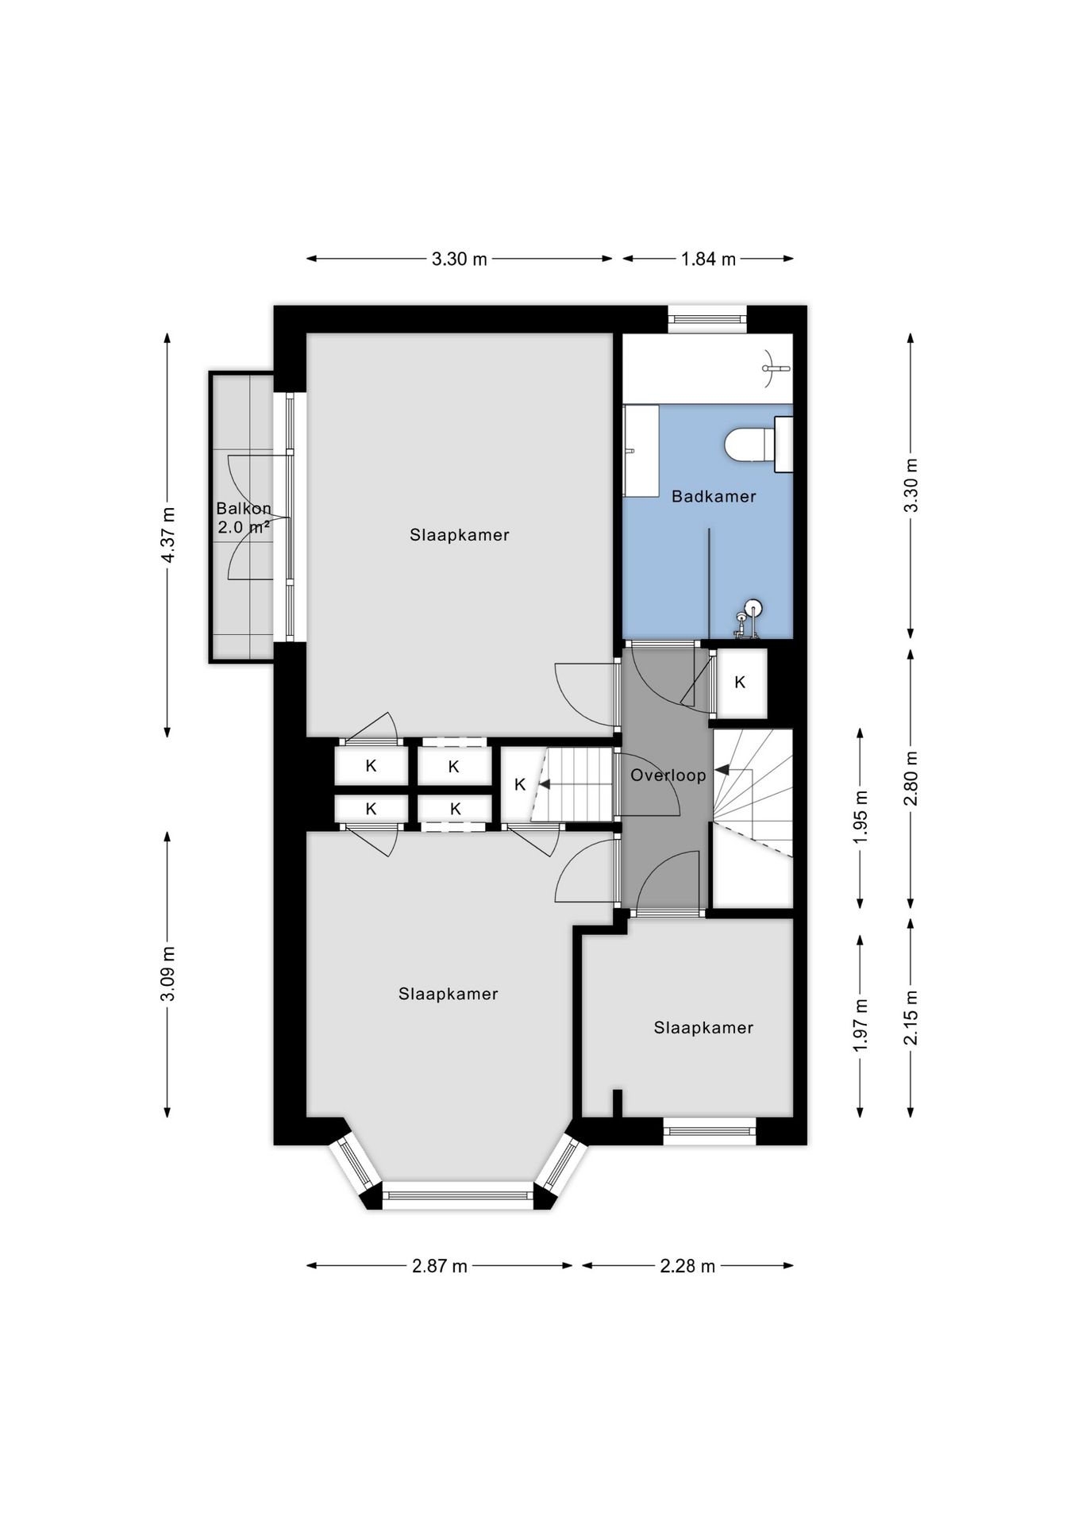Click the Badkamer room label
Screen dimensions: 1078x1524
click(x=714, y=496)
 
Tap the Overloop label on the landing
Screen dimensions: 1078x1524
click(x=668, y=775)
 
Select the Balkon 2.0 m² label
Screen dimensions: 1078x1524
click(x=244, y=517)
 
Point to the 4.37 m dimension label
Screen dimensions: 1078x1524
click(x=168, y=534)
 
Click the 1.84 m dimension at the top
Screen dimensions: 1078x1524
click(x=708, y=259)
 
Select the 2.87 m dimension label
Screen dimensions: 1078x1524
click(x=440, y=1265)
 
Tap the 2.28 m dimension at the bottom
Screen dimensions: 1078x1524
click(x=687, y=1265)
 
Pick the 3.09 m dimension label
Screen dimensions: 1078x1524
click(x=168, y=974)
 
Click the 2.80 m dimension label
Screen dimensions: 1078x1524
click(x=911, y=779)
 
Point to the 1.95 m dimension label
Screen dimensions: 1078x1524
click(x=861, y=818)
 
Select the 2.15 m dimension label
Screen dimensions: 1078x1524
click(x=911, y=1018)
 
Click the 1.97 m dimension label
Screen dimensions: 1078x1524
click(x=861, y=1026)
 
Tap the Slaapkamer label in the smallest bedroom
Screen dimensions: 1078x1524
click(x=703, y=1027)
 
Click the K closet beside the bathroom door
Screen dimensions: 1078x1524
click(x=741, y=683)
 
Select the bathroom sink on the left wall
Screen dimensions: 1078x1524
click(x=641, y=451)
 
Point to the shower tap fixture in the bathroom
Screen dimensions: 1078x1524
click(x=747, y=620)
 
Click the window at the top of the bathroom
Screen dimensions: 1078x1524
click(x=707, y=319)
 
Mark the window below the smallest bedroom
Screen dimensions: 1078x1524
click(x=710, y=1131)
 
